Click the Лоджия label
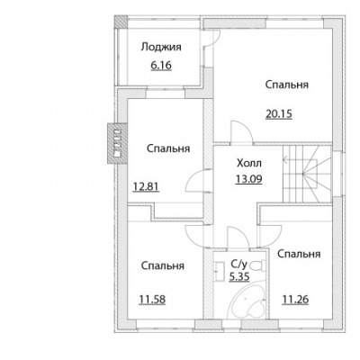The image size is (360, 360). coord(161,48)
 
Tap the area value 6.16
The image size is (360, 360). coord(161,65)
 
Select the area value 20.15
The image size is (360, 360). coord(279,114)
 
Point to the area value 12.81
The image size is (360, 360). coord(146,186)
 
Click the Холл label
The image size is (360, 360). coord(249,163)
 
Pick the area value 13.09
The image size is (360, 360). coord(249,179)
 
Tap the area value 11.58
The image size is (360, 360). coord(152,299)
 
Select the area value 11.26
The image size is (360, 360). coord(295,299)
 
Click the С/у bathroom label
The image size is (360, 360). coord(238,264)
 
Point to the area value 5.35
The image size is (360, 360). coord(239,276)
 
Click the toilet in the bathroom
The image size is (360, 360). coord(257,265)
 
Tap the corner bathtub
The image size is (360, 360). coord(247,301)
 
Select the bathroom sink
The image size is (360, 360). coord(220,271)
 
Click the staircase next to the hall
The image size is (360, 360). coord(306,174)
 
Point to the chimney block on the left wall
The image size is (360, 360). coord(117,143)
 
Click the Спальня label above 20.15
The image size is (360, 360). coord(286,85)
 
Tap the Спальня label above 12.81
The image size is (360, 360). coord(168,148)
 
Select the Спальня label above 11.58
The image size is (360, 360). coord(162,265)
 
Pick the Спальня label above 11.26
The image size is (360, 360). coord(299,254)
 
